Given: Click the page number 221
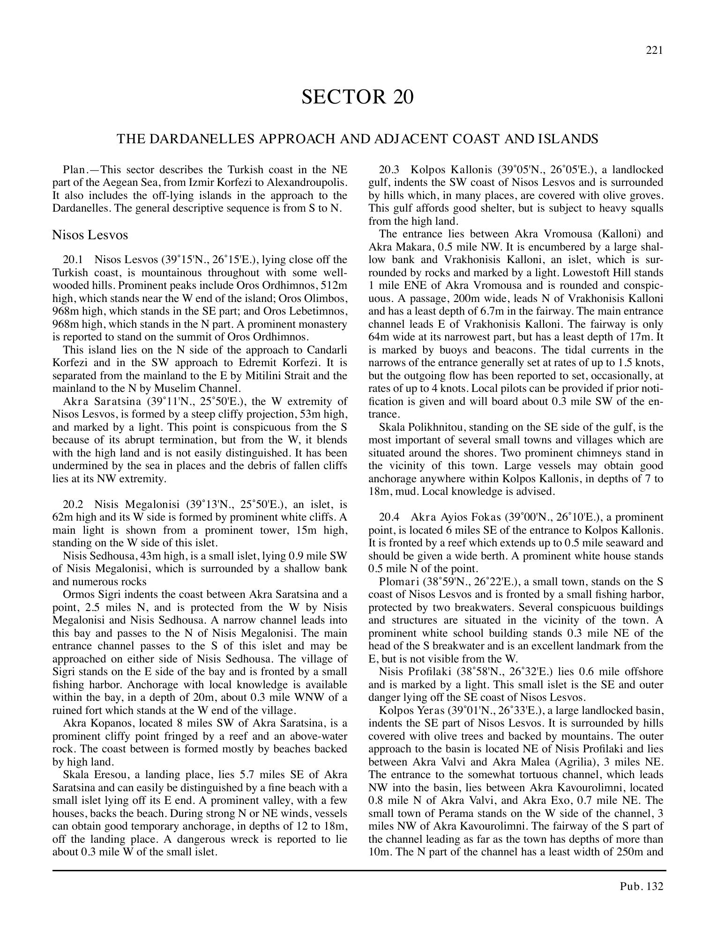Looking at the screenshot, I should click(x=654, y=51).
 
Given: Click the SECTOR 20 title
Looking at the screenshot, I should click(x=358, y=97).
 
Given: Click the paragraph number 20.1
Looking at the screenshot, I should click(x=73, y=259).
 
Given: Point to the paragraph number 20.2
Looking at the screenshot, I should click(x=73, y=504).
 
